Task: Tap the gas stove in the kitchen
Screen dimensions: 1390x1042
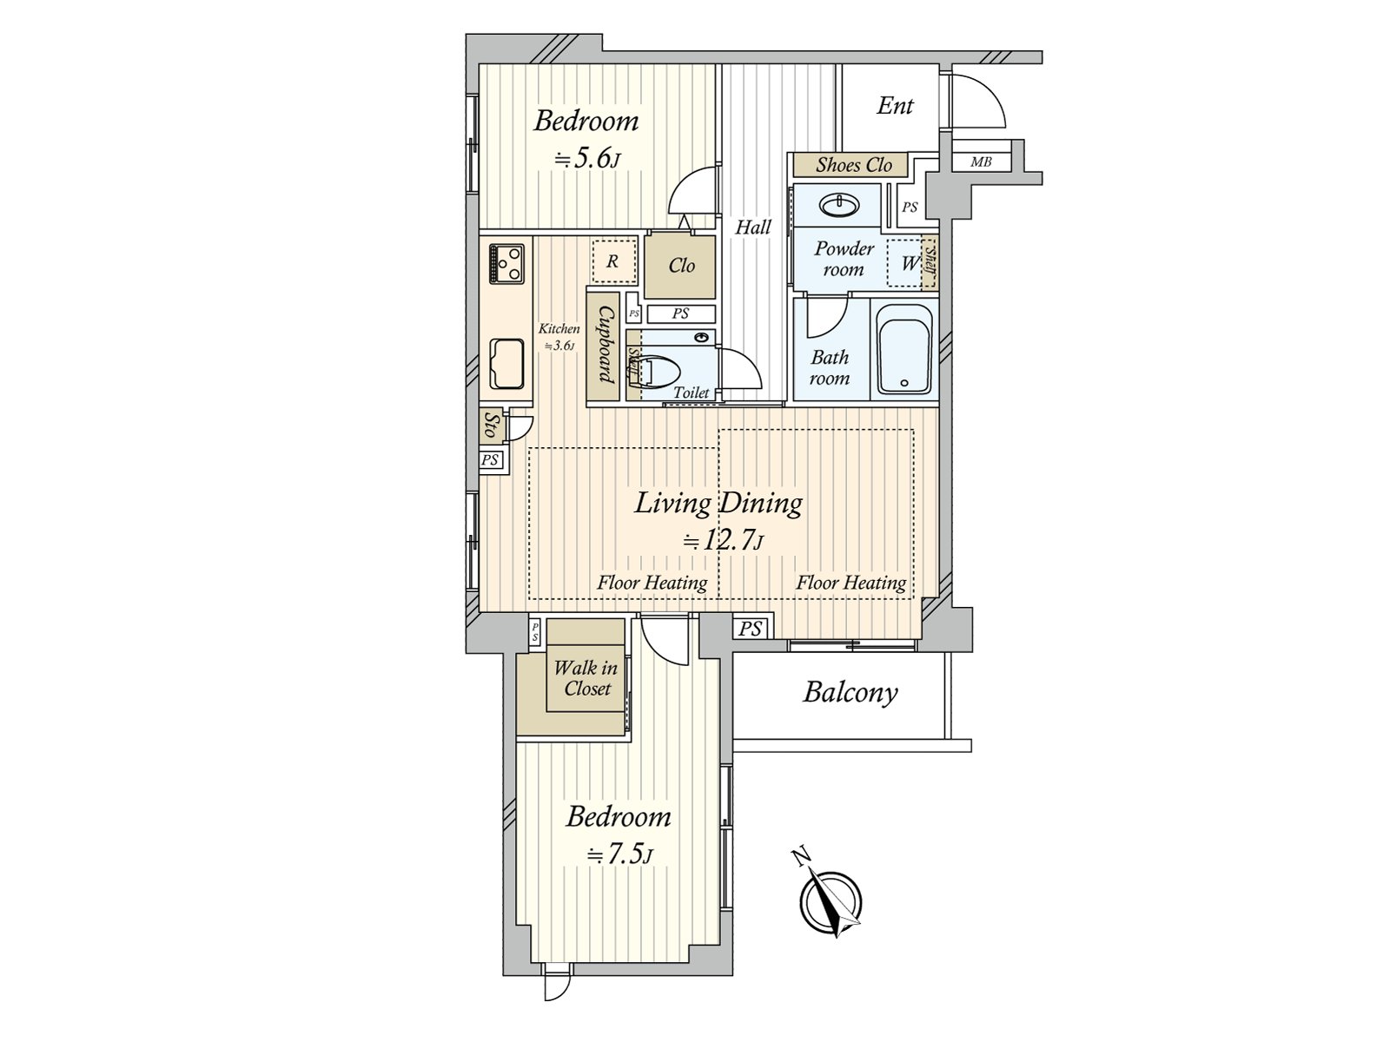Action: click(x=506, y=263)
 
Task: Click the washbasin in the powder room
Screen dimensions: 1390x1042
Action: click(x=839, y=204)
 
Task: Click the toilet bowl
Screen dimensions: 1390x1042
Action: click(x=658, y=372)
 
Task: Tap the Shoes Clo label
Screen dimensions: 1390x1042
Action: click(x=853, y=165)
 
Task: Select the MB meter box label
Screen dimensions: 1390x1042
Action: click(x=980, y=162)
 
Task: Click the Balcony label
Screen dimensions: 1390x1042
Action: click(x=850, y=693)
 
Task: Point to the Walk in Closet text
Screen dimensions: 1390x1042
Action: click(x=586, y=677)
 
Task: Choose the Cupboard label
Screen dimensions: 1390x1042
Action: click(x=606, y=346)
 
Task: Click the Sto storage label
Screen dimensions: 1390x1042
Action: click(x=490, y=425)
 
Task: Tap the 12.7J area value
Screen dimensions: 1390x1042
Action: click(x=721, y=541)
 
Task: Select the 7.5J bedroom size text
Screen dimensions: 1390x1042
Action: click(x=619, y=854)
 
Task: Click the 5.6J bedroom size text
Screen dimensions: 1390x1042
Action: click(x=586, y=158)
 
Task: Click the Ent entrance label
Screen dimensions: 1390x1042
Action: click(x=894, y=106)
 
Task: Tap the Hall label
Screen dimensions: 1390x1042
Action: click(x=753, y=228)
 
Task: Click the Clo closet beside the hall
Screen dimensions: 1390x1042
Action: click(x=680, y=266)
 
